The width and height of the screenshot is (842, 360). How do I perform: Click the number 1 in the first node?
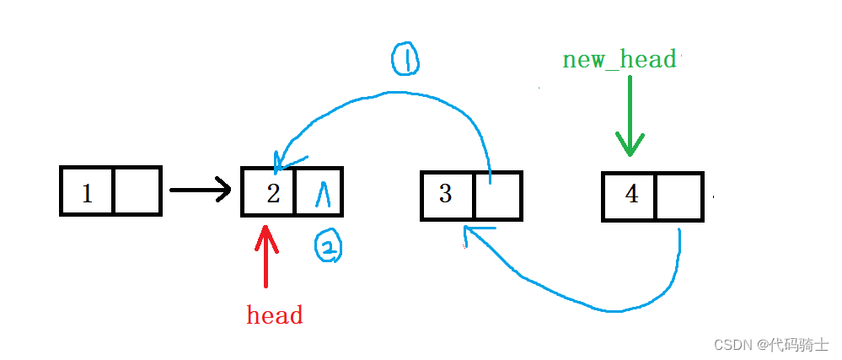coord(87,193)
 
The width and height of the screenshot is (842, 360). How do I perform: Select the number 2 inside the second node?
coord(272,193)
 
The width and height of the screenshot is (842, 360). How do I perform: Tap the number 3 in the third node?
coord(446,194)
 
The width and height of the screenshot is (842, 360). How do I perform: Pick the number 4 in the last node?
coord(631,195)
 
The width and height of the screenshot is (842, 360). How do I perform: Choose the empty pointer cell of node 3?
coord(497,196)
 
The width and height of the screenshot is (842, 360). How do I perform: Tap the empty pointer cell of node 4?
coord(678,197)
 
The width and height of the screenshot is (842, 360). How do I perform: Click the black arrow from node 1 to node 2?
coord(200,190)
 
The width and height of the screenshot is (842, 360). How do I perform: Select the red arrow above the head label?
coord(267,258)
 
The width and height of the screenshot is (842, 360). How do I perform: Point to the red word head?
coord(274,315)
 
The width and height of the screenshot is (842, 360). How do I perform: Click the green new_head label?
coord(619,59)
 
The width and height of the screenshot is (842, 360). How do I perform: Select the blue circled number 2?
coord(328,246)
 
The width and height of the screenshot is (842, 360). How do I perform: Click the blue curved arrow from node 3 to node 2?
coord(396,97)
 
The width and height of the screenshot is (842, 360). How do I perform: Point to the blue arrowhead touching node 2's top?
coord(282,161)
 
